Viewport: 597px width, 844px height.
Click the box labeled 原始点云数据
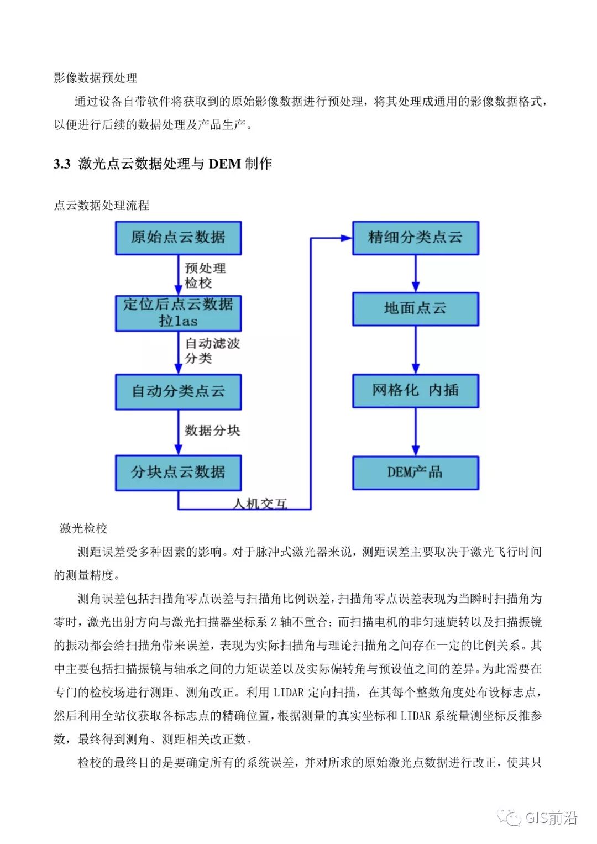pos(178,238)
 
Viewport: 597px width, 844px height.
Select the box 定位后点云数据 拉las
pos(178,313)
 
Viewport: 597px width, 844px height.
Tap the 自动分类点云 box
pos(178,392)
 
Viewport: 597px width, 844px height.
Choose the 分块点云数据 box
pos(178,473)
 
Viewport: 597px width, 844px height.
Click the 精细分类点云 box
pos(415,238)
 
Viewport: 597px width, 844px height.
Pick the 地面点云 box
pos(415,309)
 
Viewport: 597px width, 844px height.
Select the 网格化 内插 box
pos(415,391)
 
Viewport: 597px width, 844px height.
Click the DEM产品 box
pos(415,473)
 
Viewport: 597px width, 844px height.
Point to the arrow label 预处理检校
pos(205,275)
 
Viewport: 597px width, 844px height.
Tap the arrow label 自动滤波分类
pos(212,351)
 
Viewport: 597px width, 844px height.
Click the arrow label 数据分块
pos(212,431)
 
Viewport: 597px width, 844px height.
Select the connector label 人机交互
pos(260,504)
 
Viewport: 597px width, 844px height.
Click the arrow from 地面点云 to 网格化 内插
pos(416,350)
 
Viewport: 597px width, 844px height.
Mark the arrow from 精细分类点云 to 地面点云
pos(416,274)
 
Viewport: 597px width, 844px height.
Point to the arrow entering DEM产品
pos(416,432)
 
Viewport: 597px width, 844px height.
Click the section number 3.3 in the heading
pos(62,164)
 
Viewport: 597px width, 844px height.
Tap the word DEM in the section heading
pos(224,164)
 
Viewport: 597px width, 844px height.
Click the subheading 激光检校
pos(83,528)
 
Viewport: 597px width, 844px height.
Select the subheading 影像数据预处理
pos(95,78)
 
